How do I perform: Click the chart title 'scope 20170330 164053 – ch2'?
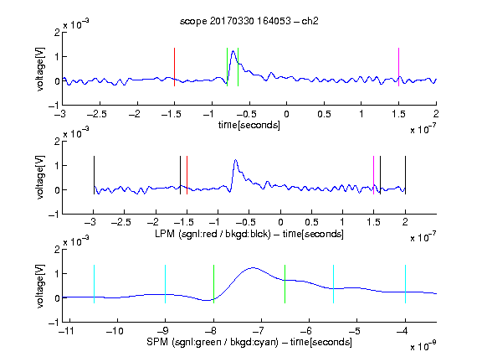(x=249, y=21)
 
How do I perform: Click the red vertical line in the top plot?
(x=174, y=67)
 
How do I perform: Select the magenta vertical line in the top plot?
(x=398, y=67)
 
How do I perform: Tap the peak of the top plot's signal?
(x=233, y=51)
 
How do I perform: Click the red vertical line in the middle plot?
(x=187, y=175)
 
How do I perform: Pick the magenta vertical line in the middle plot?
(x=373, y=175)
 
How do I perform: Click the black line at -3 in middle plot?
(x=94, y=175)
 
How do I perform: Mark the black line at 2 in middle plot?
(x=405, y=175)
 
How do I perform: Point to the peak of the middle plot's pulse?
(x=235, y=160)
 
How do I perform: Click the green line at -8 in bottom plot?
(x=213, y=284)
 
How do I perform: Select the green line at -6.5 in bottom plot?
(x=285, y=284)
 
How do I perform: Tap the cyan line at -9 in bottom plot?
(x=165, y=284)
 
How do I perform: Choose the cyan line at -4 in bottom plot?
(x=405, y=284)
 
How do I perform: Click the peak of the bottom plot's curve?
(x=253, y=268)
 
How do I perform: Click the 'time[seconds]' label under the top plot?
(x=249, y=125)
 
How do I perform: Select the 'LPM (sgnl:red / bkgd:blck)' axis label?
(x=213, y=234)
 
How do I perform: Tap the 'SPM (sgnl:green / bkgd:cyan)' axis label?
(x=213, y=342)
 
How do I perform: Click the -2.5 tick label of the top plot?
(x=96, y=114)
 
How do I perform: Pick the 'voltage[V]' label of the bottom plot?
(x=40, y=286)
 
